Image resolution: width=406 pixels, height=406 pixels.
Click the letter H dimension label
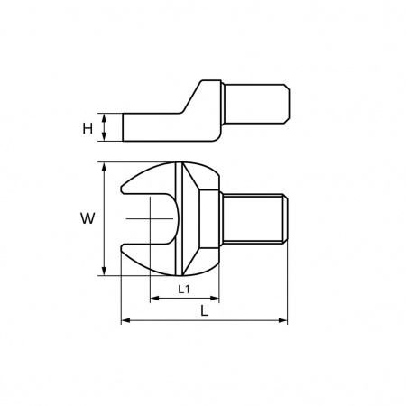(x=88, y=129)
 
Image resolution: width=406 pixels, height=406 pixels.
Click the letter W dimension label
(x=88, y=218)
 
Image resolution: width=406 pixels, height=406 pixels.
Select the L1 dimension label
(x=184, y=290)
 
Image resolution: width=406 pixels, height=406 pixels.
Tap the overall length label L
(x=204, y=310)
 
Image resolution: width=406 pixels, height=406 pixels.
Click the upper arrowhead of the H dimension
(x=104, y=117)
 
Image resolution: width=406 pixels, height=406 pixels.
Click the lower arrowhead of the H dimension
(x=104, y=136)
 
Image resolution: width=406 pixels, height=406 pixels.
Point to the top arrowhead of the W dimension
(x=104, y=167)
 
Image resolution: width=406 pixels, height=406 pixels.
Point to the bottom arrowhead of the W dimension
(x=104, y=271)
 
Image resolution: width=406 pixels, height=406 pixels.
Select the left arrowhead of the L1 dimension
(x=154, y=299)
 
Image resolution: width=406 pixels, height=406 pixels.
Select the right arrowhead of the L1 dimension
(x=215, y=299)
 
